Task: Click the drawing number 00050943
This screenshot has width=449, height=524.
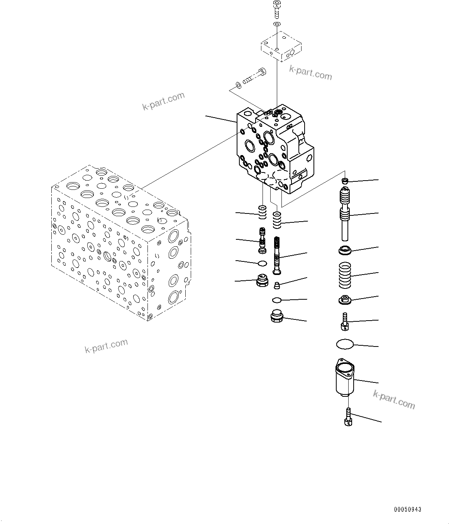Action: tap(407, 509)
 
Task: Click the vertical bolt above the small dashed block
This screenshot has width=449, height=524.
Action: tap(276, 10)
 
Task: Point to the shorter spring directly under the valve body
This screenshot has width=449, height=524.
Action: tap(263, 212)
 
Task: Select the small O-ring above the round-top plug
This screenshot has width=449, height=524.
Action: tap(262, 263)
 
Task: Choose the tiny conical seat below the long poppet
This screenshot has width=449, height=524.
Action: tap(276, 285)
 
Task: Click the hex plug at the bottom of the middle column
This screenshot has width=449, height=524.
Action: tap(278, 316)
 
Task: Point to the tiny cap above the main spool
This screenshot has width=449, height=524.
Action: tap(346, 181)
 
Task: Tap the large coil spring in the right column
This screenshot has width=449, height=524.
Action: tap(345, 275)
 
